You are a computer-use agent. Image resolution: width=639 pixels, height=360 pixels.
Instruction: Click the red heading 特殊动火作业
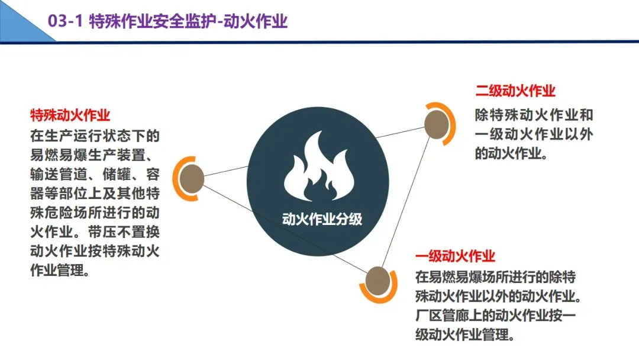tap(70, 114)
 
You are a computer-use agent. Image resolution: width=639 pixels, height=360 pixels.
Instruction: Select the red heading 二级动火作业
tap(515, 91)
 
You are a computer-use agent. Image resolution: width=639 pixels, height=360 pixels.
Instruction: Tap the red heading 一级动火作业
tap(455, 256)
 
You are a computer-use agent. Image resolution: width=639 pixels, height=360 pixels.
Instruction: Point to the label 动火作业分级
tap(322, 219)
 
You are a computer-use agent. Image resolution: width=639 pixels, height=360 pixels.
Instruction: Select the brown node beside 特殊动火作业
tap(191, 178)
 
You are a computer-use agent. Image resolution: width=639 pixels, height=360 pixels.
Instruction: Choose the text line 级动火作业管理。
tap(464, 335)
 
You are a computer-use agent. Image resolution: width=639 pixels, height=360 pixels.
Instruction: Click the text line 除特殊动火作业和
tap(534, 115)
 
